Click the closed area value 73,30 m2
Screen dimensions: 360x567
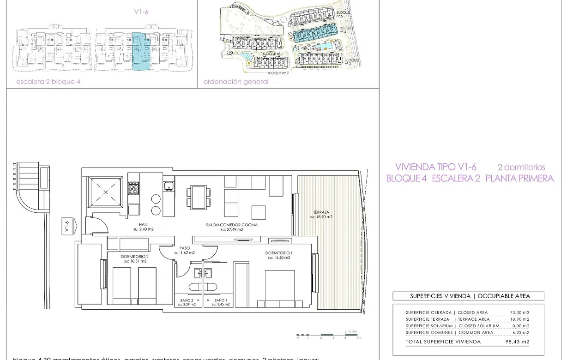519,312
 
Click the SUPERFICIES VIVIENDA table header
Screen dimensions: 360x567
468,296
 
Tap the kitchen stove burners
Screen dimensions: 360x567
133,188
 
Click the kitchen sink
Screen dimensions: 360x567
168,186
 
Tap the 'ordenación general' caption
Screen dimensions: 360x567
236,82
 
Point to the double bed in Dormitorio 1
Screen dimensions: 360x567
279,290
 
